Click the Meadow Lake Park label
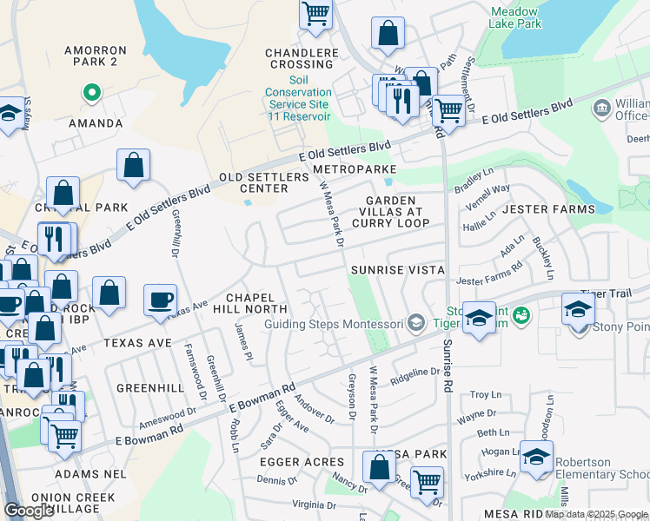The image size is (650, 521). [x=515, y=17]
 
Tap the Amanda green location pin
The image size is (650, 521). [x=90, y=91]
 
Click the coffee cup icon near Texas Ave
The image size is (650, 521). [x=159, y=300]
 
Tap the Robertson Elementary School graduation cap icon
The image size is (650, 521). [x=537, y=456]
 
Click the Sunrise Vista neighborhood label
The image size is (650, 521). [x=398, y=270]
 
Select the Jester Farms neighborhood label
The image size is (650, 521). [x=548, y=209]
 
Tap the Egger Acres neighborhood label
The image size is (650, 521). [x=301, y=462]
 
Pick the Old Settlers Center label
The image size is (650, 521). [x=263, y=182]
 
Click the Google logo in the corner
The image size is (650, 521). [x=30, y=511]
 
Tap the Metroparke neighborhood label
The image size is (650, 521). [x=355, y=168]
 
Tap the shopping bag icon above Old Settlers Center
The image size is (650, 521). [x=133, y=165]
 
